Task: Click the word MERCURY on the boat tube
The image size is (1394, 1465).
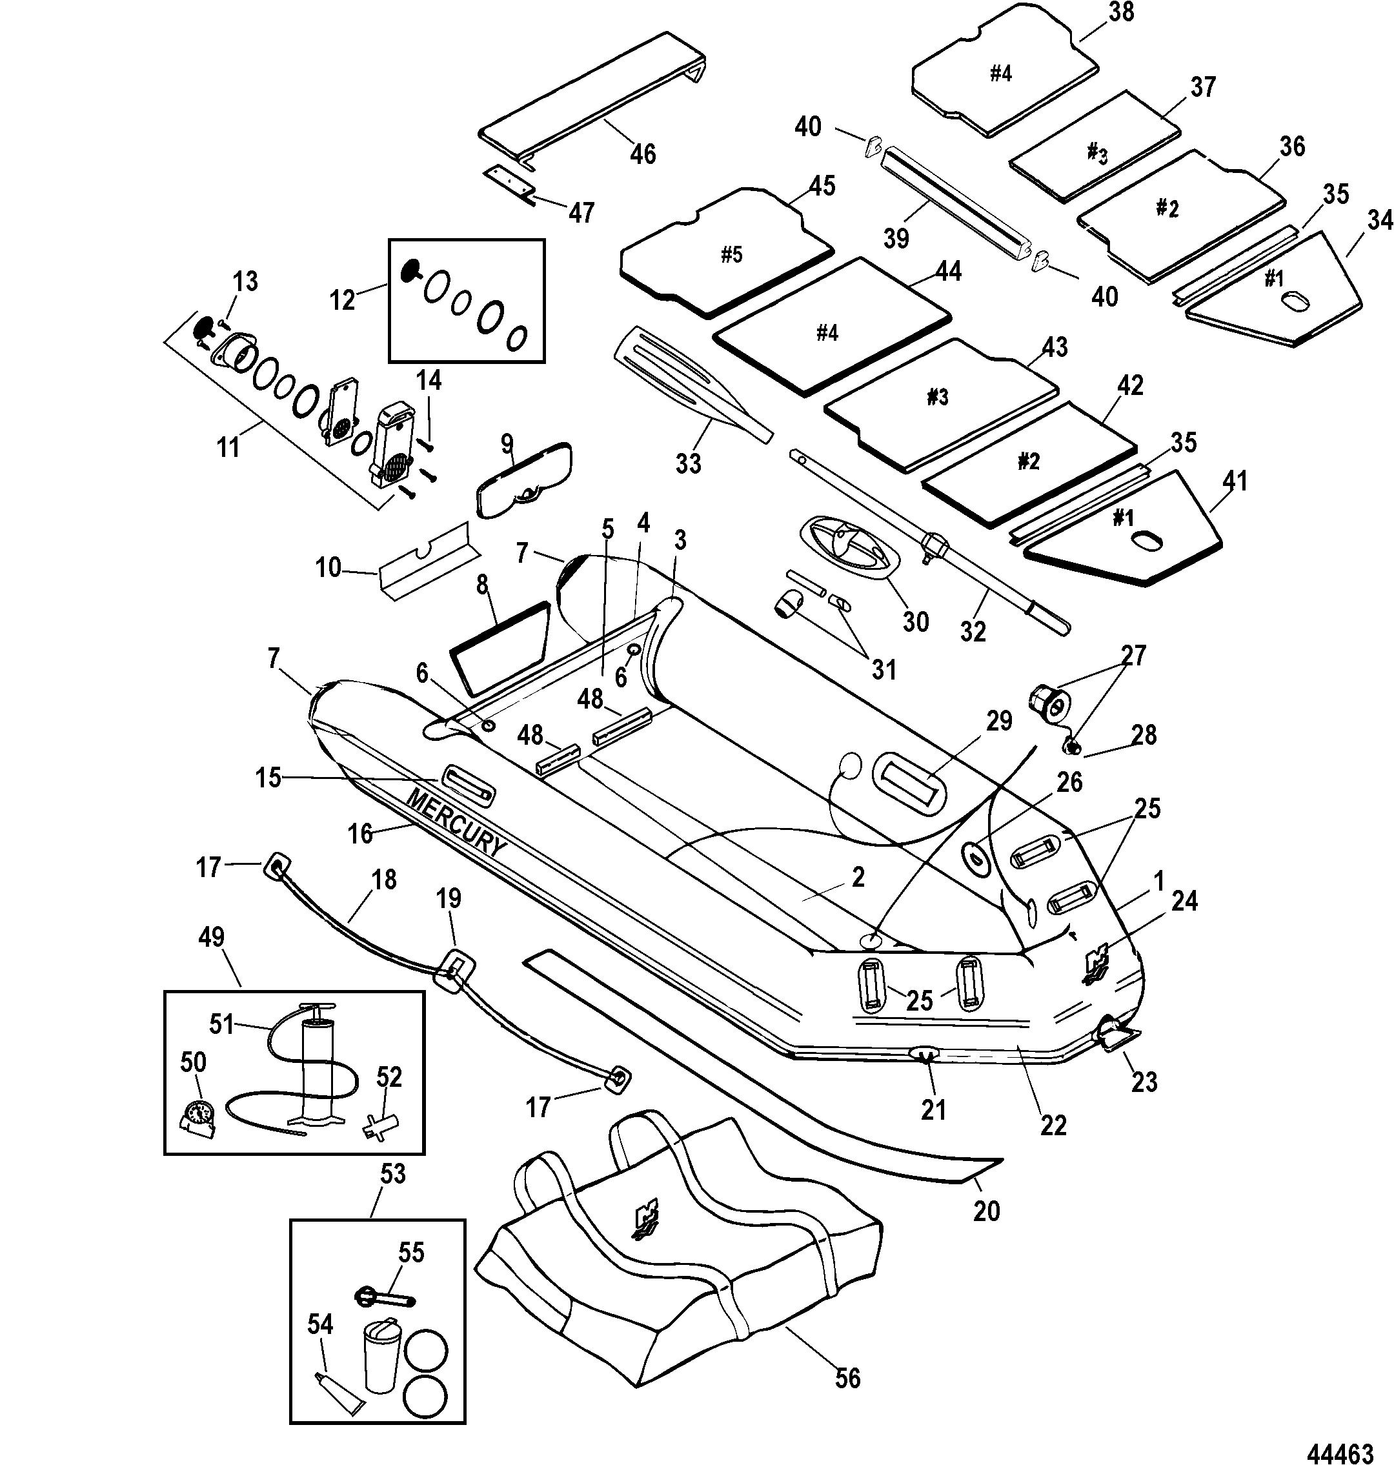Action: tap(455, 822)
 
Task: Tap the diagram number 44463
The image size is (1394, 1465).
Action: tap(1343, 1432)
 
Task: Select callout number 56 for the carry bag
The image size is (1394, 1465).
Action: tap(847, 1378)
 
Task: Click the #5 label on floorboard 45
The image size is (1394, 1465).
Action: tap(731, 255)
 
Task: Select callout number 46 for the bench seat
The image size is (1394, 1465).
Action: tap(643, 154)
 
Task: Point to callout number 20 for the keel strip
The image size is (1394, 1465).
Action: tap(986, 1211)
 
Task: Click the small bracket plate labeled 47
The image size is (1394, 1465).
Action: tap(510, 181)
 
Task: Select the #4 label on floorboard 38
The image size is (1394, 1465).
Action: tap(1001, 74)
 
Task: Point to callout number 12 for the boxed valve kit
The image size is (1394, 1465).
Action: tap(343, 300)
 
